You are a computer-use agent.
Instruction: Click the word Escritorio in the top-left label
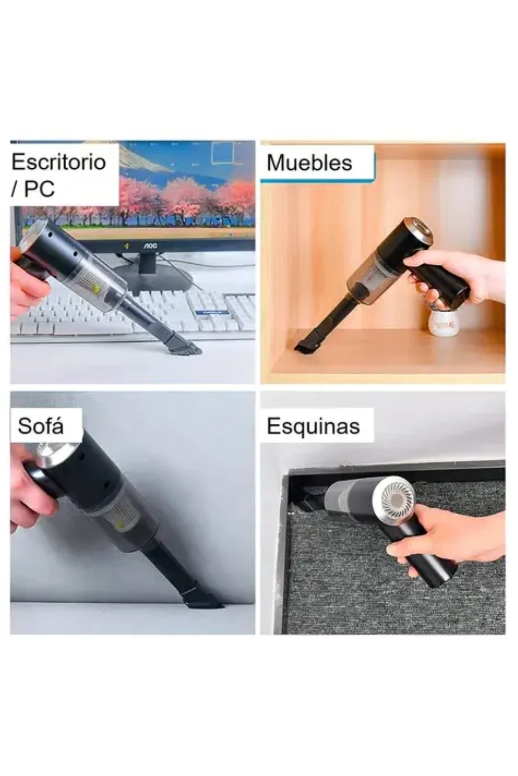point(59,162)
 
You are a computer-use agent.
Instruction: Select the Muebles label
point(310,163)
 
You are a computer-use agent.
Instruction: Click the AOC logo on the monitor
point(150,246)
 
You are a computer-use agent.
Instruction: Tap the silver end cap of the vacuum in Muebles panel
point(420,231)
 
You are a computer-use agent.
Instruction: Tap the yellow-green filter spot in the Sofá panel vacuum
point(120,524)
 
